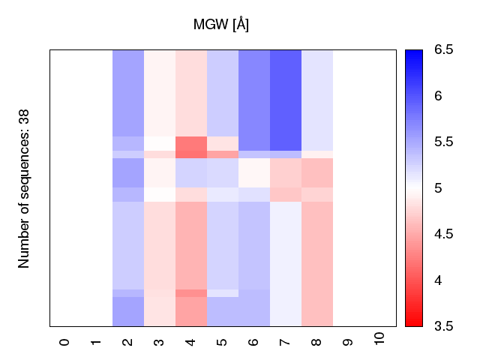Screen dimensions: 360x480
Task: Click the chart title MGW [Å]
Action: click(221, 25)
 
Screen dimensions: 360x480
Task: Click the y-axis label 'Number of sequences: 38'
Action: click(24, 188)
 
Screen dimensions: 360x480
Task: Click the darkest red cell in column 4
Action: click(191, 147)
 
